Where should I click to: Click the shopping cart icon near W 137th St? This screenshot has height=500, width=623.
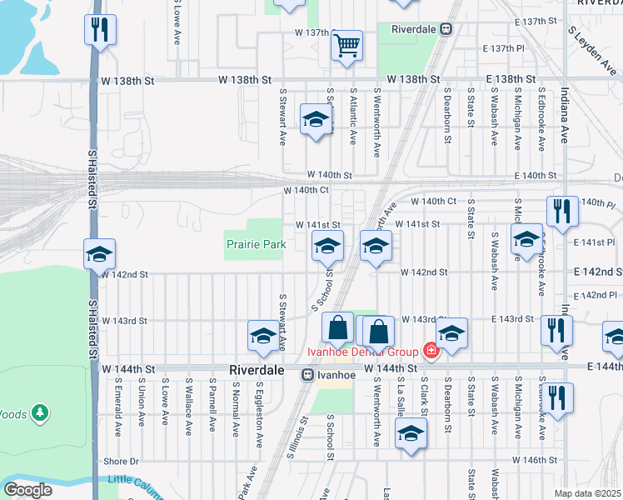click(x=346, y=45)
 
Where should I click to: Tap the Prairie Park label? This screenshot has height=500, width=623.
click(x=256, y=244)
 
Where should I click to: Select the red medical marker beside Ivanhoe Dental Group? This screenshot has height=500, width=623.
click(x=431, y=350)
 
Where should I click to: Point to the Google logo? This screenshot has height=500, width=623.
click(x=27, y=489)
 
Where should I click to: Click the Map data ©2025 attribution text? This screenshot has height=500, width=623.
click(x=588, y=493)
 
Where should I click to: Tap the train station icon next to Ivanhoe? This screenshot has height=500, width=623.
click(x=307, y=376)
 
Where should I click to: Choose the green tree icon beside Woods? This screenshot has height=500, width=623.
click(x=40, y=413)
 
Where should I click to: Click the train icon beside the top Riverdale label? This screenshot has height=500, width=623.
click(x=447, y=28)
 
